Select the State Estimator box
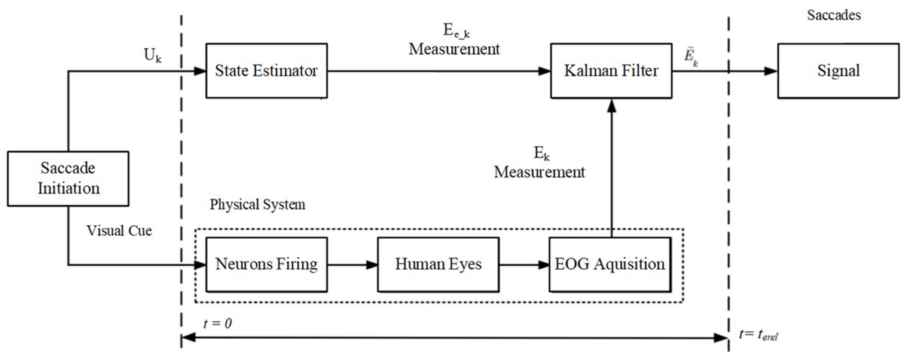[266, 72]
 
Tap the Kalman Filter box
[610, 72]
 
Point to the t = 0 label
[218, 322]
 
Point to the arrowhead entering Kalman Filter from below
[611, 106]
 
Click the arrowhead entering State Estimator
[200, 72]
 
